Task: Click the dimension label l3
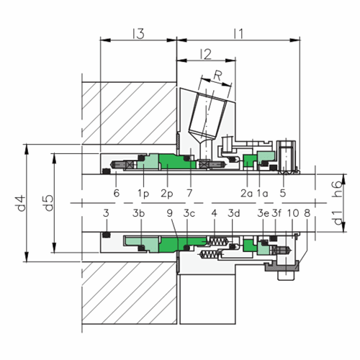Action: [x=139, y=33]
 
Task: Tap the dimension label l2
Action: [x=205, y=54]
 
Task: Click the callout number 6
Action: [x=116, y=193]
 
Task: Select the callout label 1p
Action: [x=143, y=193]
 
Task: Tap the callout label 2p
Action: [x=167, y=193]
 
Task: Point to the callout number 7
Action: [x=190, y=193]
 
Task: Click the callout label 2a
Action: [x=246, y=193]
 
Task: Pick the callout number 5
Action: [x=283, y=193]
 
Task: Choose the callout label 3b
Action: [x=139, y=214]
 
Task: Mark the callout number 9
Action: [x=170, y=214]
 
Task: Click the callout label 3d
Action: [x=235, y=214]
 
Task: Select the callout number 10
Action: [x=293, y=214]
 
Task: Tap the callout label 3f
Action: [x=276, y=214]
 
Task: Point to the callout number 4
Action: [x=215, y=214]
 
